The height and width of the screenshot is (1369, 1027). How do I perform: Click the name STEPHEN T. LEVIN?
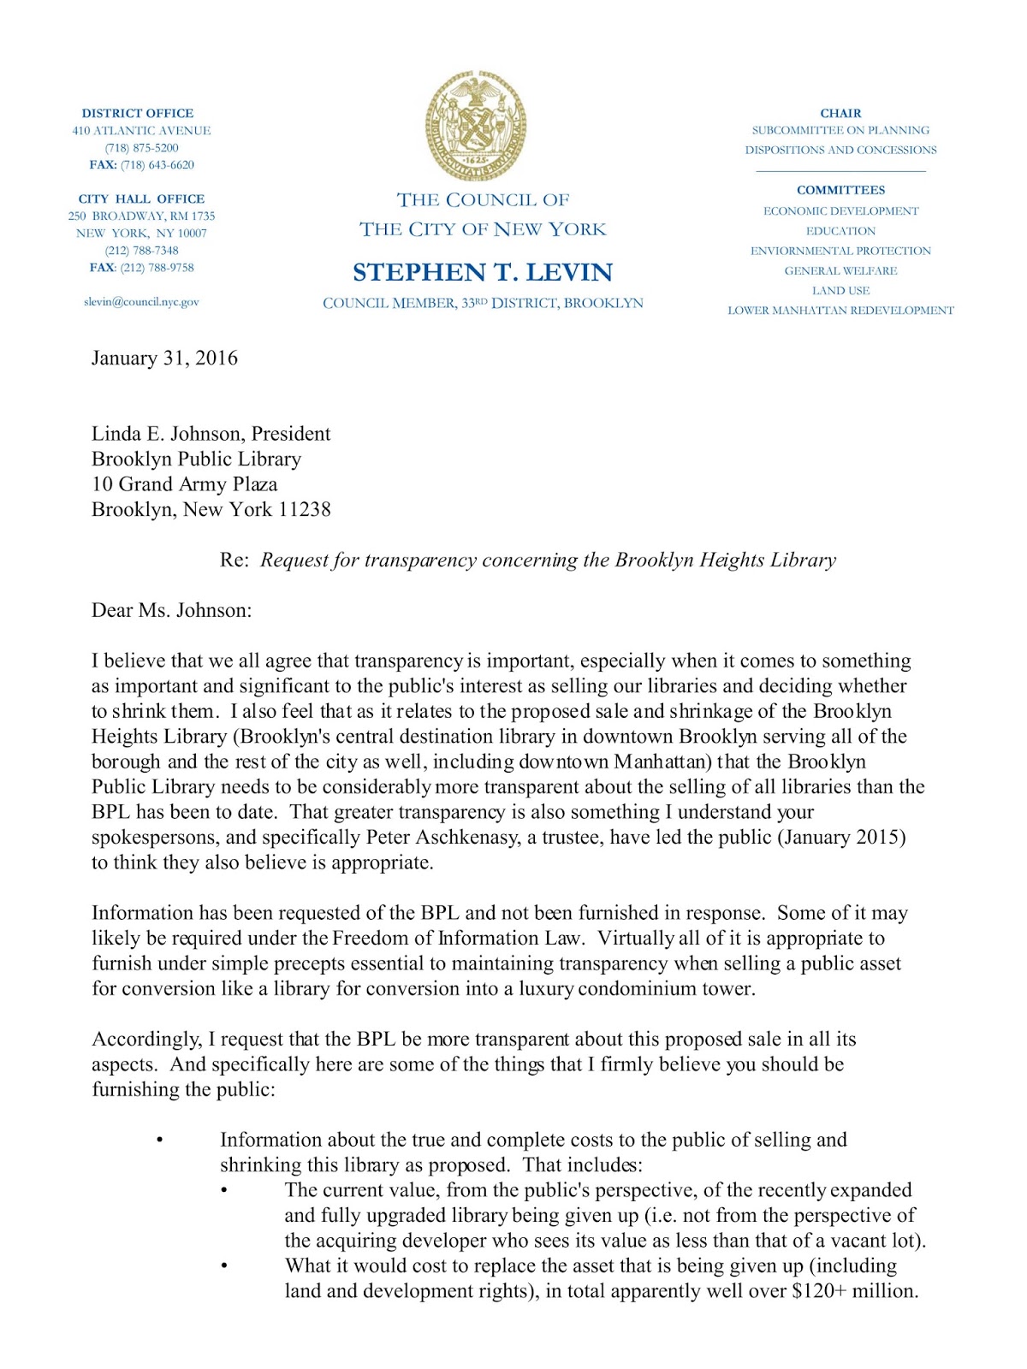pos(483,272)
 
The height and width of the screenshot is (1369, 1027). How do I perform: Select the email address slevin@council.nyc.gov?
pos(141,302)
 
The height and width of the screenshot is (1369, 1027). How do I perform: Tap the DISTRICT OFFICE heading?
pos(138,113)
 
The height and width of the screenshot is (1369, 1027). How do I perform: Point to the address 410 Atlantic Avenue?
pos(141,131)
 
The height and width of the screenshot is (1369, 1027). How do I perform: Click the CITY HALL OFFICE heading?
pos(141,199)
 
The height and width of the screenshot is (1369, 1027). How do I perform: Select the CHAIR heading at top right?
pos(840,113)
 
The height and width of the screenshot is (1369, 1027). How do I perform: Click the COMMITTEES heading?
pos(840,190)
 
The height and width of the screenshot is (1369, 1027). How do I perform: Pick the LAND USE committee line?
pos(840,291)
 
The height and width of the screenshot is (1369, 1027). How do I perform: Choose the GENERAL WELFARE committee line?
pos(840,271)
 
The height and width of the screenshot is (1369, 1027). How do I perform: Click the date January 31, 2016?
pos(164,359)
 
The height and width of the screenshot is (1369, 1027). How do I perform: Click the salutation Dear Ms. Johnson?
pos(171,611)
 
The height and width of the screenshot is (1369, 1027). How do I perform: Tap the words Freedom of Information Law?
pos(458,939)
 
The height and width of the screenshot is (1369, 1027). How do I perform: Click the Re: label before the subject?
pos(234,560)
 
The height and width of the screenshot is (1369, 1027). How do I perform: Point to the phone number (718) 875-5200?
pos(141,148)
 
